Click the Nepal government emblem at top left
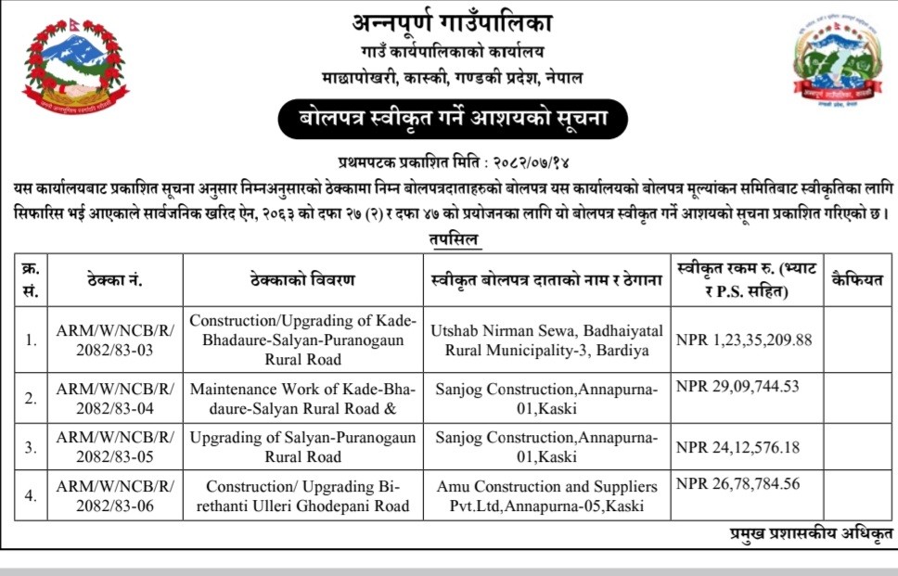click(76, 67)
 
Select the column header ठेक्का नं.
click(115, 279)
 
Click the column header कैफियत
click(859, 279)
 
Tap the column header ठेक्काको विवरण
click(302, 279)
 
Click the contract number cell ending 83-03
click(115, 339)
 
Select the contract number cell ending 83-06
click(115, 495)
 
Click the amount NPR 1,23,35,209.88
click(745, 339)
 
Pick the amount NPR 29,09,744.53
click(738, 386)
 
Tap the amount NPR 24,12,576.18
click(738, 448)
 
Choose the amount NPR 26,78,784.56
click(738, 483)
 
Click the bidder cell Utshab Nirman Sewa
click(546, 339)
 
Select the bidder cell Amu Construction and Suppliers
click(546, 495)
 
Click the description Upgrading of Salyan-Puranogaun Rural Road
click(302, 446)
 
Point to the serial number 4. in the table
click(31, 495)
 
